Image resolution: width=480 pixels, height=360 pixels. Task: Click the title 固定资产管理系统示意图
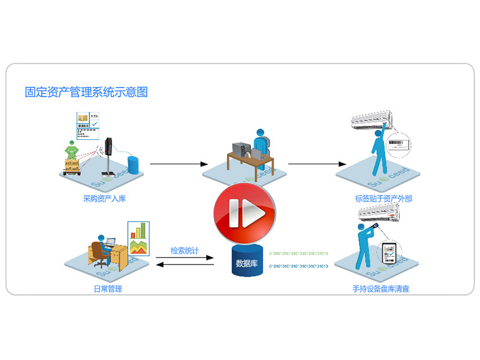[86, 92]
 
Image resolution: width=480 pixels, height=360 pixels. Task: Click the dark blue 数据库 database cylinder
[247, 261]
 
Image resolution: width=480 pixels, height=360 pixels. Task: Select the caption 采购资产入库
[104, 199]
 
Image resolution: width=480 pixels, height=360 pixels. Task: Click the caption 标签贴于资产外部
[383, 199]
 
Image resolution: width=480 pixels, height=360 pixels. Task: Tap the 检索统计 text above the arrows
[184, 250]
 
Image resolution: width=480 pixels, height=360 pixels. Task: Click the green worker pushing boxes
[73, 150]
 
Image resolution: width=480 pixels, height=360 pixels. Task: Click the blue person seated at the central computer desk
[262, 147]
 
